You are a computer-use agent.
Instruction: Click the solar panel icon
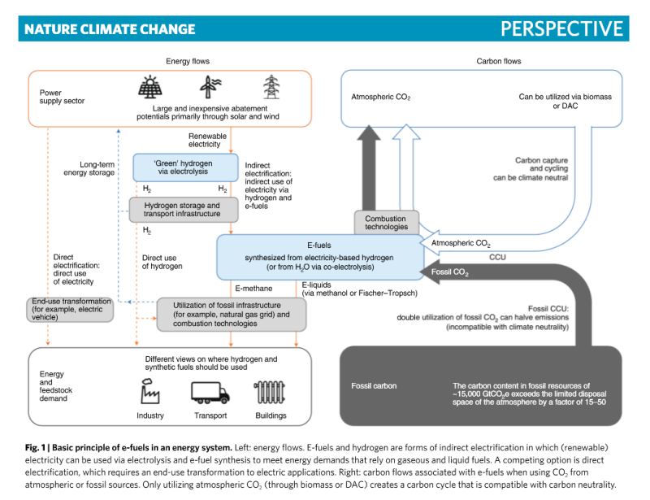150,87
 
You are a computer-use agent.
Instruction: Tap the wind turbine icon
210,87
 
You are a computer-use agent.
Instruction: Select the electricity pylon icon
271,87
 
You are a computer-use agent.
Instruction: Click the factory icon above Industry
150,393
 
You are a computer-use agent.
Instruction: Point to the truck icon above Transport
210,393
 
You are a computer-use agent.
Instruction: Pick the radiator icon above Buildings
270,393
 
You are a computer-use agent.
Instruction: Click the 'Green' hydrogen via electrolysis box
185,167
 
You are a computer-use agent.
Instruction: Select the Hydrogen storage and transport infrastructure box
184,210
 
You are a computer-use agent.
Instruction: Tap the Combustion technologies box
386,222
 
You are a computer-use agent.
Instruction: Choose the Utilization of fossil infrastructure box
232,314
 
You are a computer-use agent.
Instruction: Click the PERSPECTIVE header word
561,28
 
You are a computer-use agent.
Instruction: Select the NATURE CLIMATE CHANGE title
110,29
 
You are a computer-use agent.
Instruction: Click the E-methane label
253,288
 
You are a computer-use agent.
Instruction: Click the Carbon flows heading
498,61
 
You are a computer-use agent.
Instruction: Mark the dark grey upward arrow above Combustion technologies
367,167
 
